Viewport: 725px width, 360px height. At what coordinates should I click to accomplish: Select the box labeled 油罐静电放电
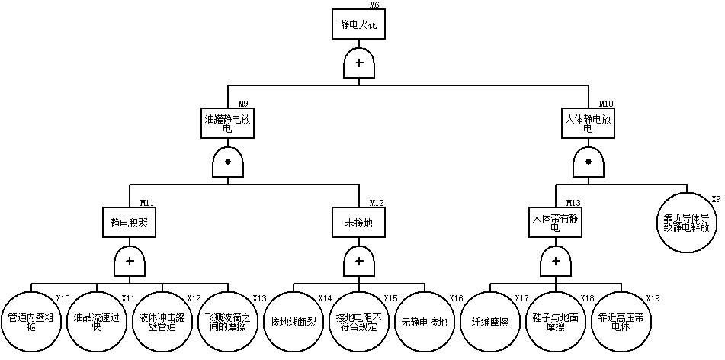[227, 123]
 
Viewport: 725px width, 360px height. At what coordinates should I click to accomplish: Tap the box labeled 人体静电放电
[588, 123]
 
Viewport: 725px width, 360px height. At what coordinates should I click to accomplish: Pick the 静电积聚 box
[130, 223]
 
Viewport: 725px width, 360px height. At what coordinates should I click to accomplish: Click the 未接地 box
[358, 223]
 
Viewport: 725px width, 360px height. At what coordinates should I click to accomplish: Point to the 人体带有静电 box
[555, 223]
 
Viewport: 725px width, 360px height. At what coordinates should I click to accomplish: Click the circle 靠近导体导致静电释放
[686, 222]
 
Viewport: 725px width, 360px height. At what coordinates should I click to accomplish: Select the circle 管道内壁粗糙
[31, 321]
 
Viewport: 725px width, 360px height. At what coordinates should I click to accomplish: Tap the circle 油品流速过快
[97, 321]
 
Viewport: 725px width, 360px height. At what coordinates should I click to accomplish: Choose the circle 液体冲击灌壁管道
[162, 321]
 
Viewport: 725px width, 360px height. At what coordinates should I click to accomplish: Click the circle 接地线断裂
[293, 321]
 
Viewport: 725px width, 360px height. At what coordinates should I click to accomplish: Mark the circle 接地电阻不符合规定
[358, 321]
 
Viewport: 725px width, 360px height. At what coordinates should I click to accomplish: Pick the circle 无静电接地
[424, 321]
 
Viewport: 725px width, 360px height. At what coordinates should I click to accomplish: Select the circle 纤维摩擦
[490, 321]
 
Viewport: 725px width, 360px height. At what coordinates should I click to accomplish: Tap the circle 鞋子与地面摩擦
[555, 321]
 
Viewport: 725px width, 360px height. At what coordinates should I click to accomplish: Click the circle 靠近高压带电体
[621, 321]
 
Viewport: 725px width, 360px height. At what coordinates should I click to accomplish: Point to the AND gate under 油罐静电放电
[227, 163]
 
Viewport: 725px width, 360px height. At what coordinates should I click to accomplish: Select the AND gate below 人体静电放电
[588, 163]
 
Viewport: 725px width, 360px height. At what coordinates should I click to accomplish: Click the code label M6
[374, 5]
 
